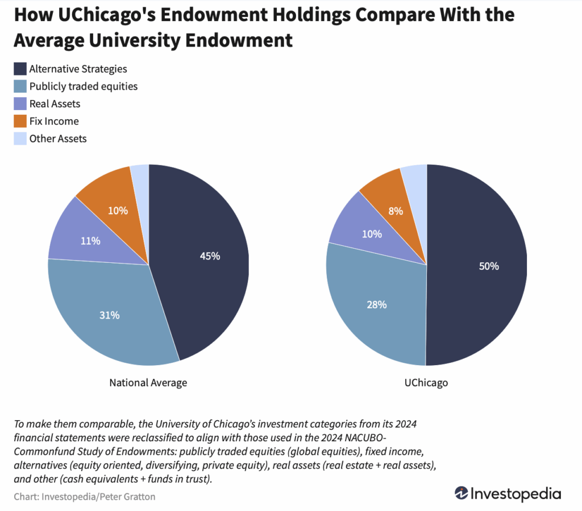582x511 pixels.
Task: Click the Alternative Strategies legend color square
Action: coord(20,69)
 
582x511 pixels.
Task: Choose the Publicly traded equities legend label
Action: coord(84,86)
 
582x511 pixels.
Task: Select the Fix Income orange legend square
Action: coord(20,121)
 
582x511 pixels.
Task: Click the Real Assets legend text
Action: coord(55,104)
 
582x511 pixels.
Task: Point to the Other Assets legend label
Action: coord(58,139)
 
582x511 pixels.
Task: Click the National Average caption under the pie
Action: coord(148,383)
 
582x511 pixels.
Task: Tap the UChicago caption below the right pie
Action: coord(426,383)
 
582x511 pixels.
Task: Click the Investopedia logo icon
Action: coord(462,493)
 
